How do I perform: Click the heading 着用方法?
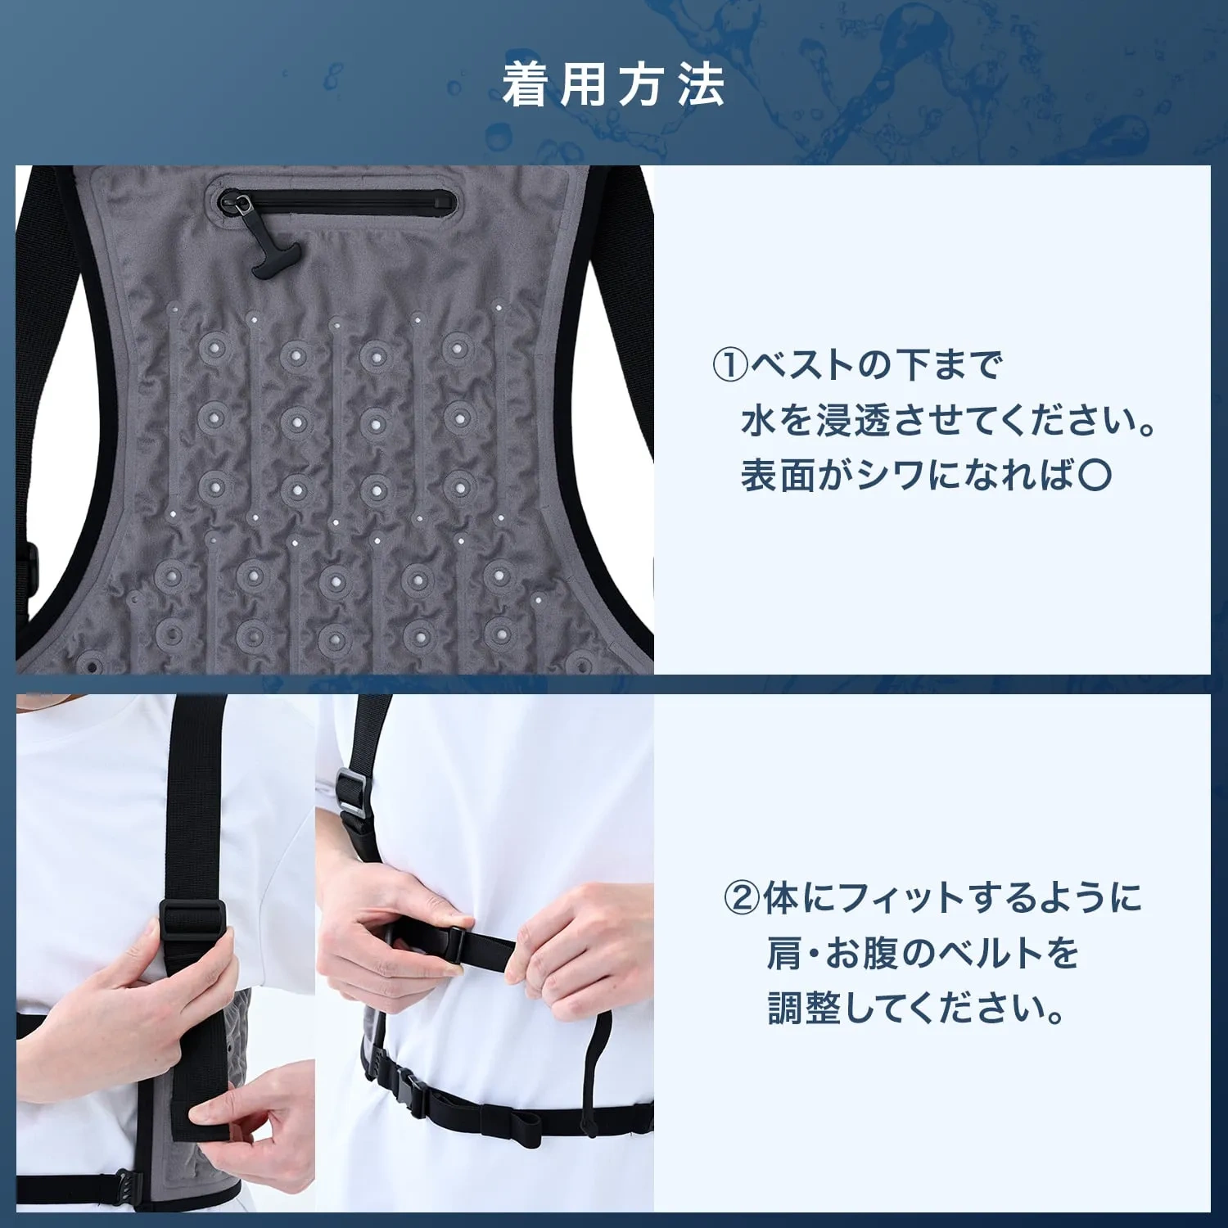614,85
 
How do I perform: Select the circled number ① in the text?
730,365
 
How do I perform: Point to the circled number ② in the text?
742,898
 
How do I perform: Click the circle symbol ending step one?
1095,475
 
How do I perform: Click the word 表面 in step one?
779,475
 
